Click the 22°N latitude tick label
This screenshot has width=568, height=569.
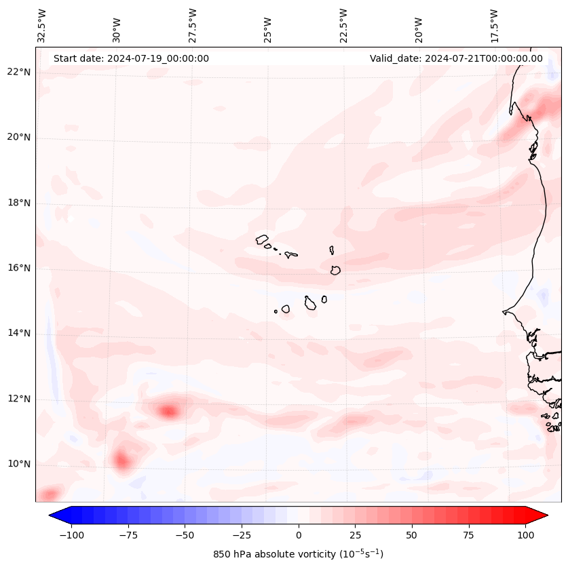pyautogui.click(x=19, y=72)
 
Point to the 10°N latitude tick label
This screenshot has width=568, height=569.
pyautogui.click(x=19, y=464)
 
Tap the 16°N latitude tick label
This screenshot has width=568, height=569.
pyautogui.click(x=19, y=268)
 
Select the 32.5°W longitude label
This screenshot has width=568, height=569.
pyautogui.click(x=42, y=26)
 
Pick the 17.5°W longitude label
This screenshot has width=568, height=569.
pyautogui.click(x=494, y=26)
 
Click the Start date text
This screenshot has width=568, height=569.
pyautogui.click(x=131, y=58)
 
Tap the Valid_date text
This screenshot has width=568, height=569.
pyautogui.click(x=456, y=58)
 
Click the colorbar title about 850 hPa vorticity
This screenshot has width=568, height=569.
pyautogui.click(x=299, y=554)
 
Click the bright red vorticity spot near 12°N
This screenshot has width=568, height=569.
pyautogui.click(x=168, y=410)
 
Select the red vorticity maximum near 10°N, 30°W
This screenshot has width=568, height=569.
pyautogui.click(x=122, y=461)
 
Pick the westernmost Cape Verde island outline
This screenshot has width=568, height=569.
pyautogui.click(x=262, y=239)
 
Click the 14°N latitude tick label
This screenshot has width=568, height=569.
pyautogui.click(x=19, y=333)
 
